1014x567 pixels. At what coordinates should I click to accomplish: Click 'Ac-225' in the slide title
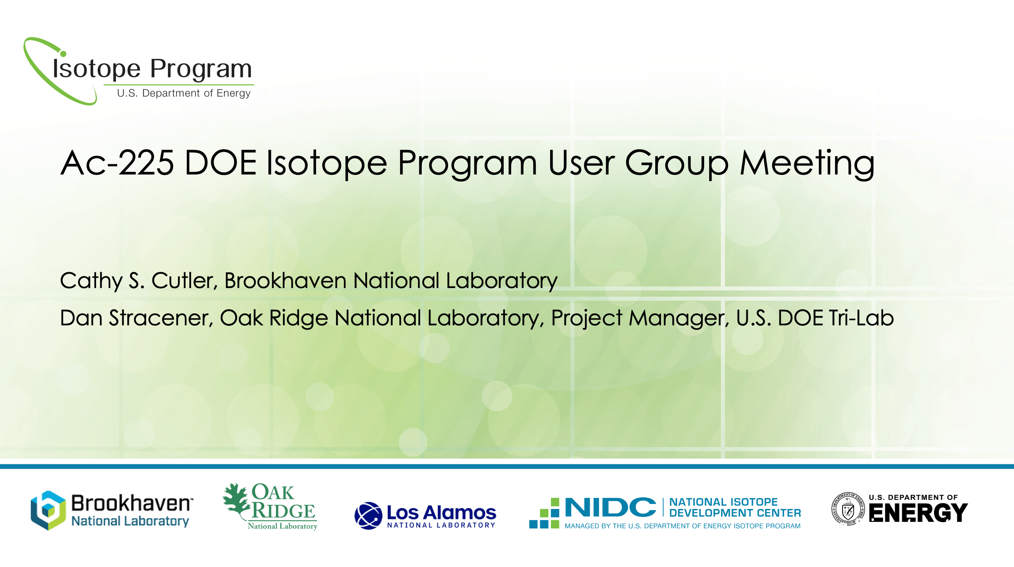tap(117, 163)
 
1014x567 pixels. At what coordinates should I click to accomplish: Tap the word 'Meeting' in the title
tap(807, 163)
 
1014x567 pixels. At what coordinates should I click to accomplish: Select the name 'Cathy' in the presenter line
tap(91, 281)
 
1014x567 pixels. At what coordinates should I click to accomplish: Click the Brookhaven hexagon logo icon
tap(48, 511)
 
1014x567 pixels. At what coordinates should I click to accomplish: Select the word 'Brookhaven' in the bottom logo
tap(131, 503)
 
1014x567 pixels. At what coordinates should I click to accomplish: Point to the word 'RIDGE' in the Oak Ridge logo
tap(284, 511)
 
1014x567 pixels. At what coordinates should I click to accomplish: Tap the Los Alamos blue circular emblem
tap(368, 516)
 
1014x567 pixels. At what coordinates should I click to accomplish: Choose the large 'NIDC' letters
tap(610, 508)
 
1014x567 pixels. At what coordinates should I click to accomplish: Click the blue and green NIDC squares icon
tap(544, 514)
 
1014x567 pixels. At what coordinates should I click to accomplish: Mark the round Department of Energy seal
tap(848, 509)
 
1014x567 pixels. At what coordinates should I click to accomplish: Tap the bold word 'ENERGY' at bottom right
tap(918, 513)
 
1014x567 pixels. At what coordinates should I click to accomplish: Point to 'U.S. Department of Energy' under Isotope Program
tap(183, 93)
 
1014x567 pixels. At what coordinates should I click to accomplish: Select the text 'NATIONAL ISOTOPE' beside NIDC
tap(723, 502)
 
